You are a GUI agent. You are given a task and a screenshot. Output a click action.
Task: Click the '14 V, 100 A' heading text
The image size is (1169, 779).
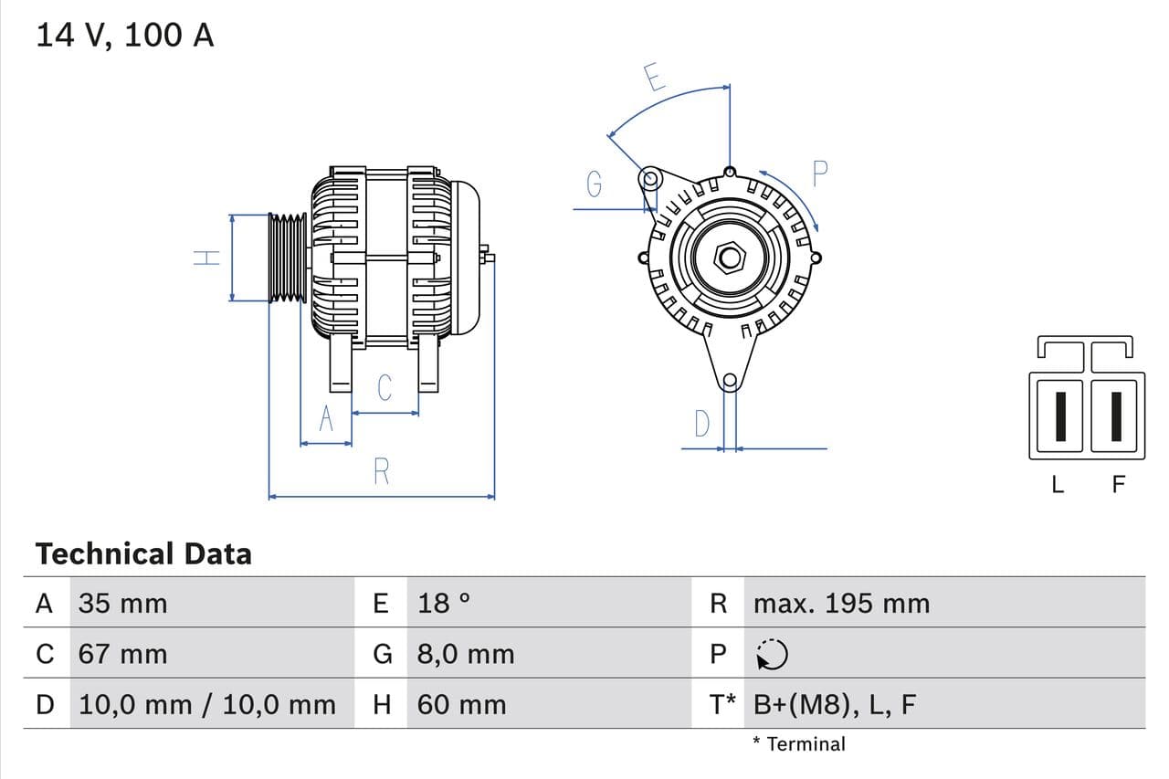point(124,35)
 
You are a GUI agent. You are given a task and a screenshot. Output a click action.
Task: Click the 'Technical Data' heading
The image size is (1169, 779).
point(143,553)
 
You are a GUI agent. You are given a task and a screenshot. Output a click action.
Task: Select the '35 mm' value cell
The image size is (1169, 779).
point(122,603)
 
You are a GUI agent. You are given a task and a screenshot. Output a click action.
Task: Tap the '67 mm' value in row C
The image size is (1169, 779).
point(122,654)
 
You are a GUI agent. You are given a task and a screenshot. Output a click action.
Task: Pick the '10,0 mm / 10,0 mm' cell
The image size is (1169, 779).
point(207,704)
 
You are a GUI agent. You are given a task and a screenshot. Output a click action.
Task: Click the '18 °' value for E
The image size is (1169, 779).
point(444,603)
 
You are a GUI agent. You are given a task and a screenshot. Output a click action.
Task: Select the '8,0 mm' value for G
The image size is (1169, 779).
point(466,654)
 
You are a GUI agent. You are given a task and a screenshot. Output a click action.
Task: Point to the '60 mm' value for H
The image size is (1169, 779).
point(461,704)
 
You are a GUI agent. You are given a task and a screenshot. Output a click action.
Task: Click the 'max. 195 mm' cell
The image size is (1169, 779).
point(841,603)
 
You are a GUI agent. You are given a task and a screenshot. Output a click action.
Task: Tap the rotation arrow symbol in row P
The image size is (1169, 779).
point(773,654)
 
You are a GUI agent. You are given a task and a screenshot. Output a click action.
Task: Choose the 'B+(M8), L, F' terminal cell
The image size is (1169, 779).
point(834,704)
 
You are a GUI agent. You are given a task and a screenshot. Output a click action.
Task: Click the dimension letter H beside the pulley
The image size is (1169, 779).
point(208,258)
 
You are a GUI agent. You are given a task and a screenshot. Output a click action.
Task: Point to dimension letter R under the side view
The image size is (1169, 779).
point(382,471)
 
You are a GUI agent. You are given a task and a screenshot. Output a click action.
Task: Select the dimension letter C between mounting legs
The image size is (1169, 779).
point(384,387)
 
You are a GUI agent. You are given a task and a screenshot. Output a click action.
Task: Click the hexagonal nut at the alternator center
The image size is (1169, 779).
point(730,258)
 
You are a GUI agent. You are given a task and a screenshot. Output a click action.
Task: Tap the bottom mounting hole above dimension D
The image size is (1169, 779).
point(729,381)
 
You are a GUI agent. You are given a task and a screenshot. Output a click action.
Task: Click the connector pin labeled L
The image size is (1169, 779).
point(1059,416)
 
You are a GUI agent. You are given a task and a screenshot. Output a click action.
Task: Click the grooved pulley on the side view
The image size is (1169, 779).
point(289,258)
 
